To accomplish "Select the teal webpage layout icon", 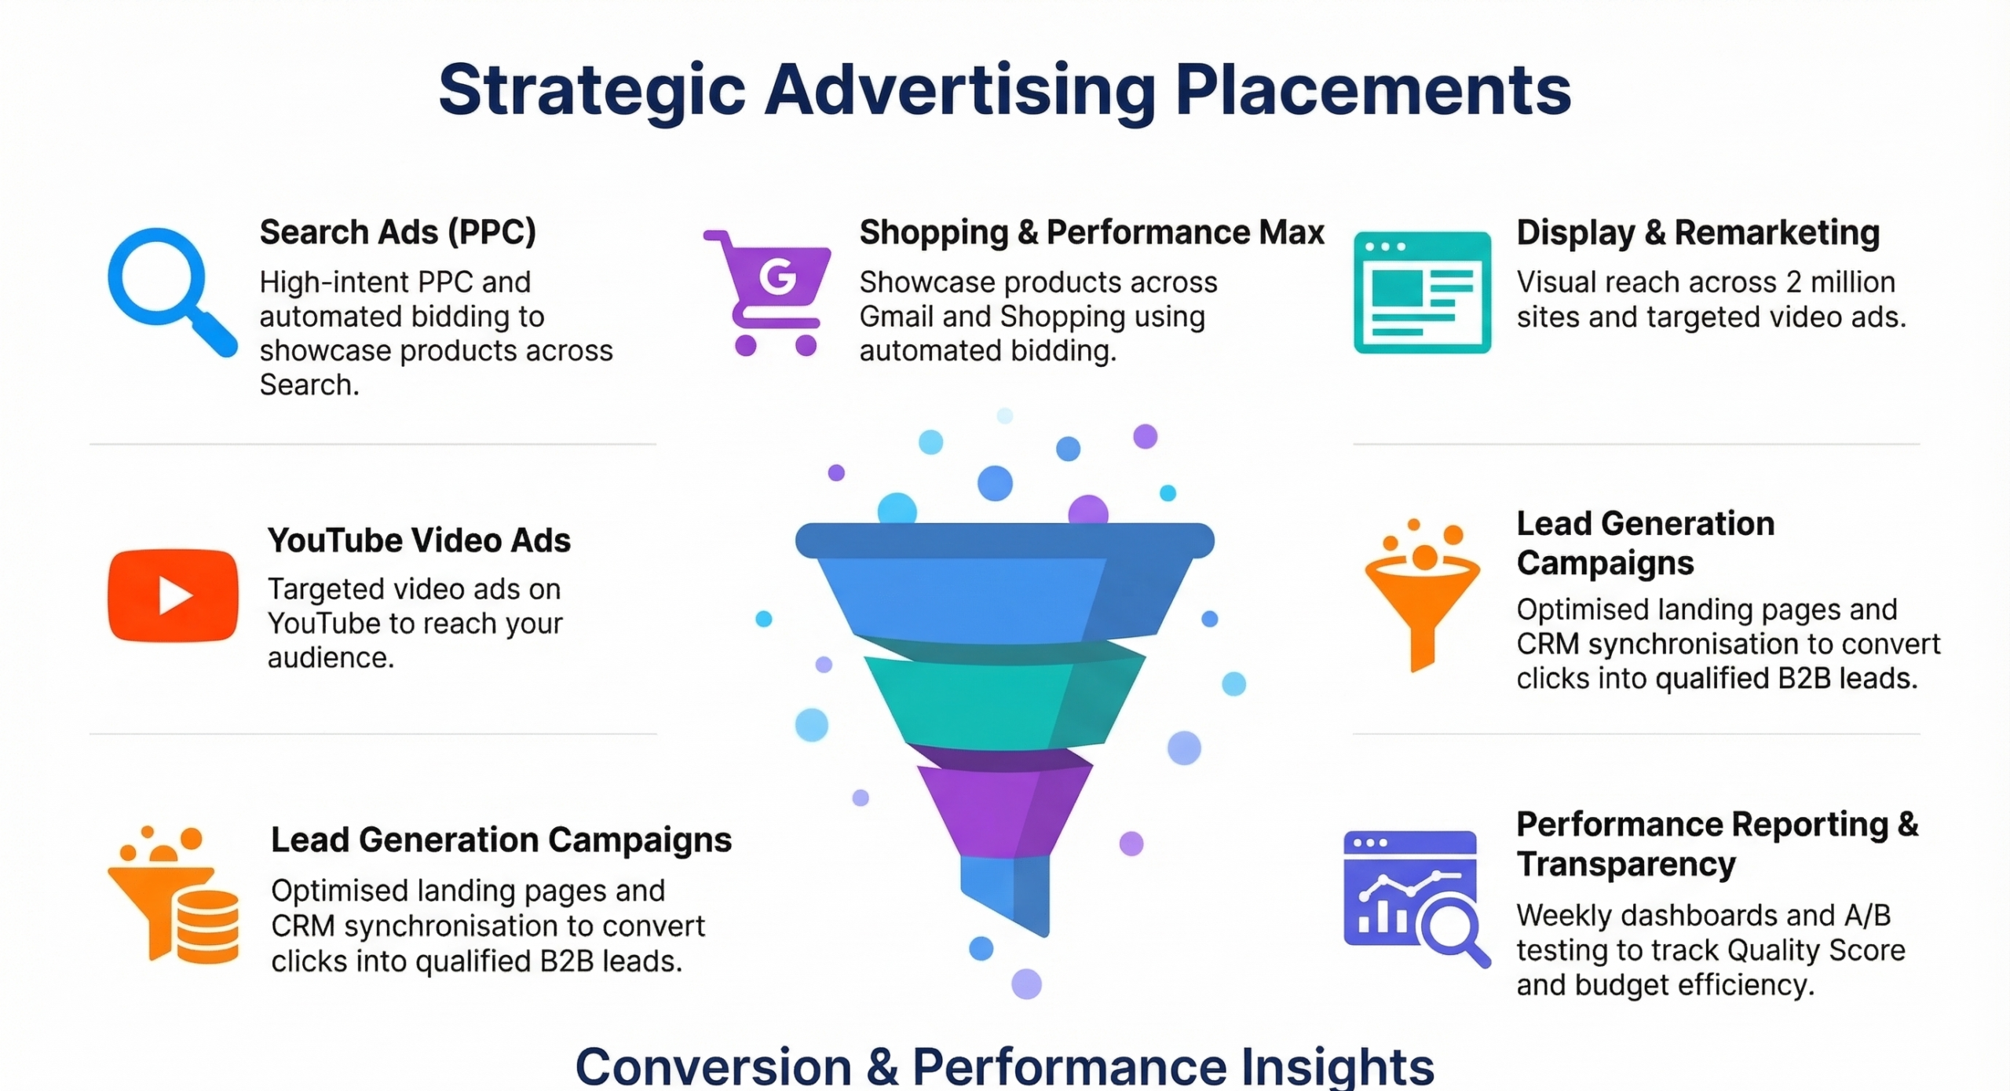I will pos(1422,292).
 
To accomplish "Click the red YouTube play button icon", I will pos(174,595).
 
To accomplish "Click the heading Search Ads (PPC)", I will pos(397,232).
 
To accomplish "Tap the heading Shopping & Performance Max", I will pos(1091,232).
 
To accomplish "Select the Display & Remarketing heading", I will pos(1698,232).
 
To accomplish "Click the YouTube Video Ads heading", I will pos(418,540).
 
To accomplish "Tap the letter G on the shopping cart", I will pos(778,276).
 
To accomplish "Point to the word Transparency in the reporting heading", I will pos(1626,864).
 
